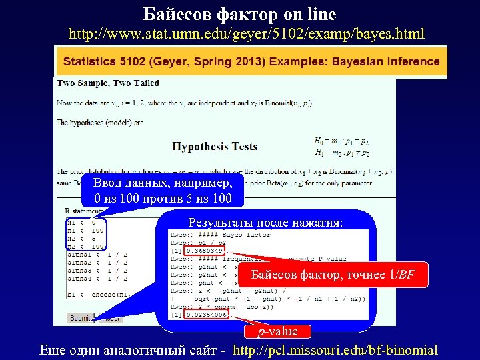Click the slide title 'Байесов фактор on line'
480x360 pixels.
240,14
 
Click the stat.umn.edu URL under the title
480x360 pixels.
247,33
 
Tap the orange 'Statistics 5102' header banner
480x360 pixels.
251,62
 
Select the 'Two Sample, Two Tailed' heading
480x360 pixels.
108,83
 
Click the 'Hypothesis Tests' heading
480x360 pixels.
215,146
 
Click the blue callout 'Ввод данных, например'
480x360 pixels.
163,191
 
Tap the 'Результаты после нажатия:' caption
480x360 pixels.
265,223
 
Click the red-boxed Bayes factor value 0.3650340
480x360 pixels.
205,251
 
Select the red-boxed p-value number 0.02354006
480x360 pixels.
207,314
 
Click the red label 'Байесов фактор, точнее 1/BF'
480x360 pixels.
332,274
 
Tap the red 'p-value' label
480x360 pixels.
279,331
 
